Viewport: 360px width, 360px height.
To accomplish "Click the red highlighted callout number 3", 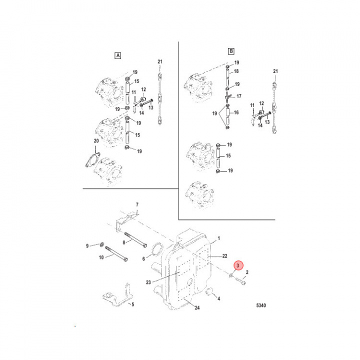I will point(238,265).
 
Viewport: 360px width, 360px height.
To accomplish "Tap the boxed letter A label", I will point(118,55).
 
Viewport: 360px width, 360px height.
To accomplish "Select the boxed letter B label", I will point(231,51).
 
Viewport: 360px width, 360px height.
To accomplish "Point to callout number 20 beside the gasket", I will point(96,141).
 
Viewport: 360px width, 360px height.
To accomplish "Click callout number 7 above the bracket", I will point(138,204).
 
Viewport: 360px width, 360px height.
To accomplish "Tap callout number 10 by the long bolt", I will point(101,257).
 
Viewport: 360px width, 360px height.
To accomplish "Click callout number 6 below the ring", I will point(143,259).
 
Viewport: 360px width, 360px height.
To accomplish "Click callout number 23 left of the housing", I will point(148,282).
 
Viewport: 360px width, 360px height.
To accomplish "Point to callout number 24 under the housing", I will point(197,308).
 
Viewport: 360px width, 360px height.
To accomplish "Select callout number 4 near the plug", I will point(218,299).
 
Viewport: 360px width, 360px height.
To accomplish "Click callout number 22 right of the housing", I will point(225,256).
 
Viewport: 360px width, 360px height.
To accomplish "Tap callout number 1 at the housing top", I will point(218,240).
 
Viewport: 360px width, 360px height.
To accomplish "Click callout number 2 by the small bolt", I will point(247,272).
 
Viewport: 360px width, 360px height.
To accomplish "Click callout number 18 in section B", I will point(236,71).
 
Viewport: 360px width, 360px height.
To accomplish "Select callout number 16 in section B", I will point(236,113).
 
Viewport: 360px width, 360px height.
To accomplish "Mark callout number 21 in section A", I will point(160,61).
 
